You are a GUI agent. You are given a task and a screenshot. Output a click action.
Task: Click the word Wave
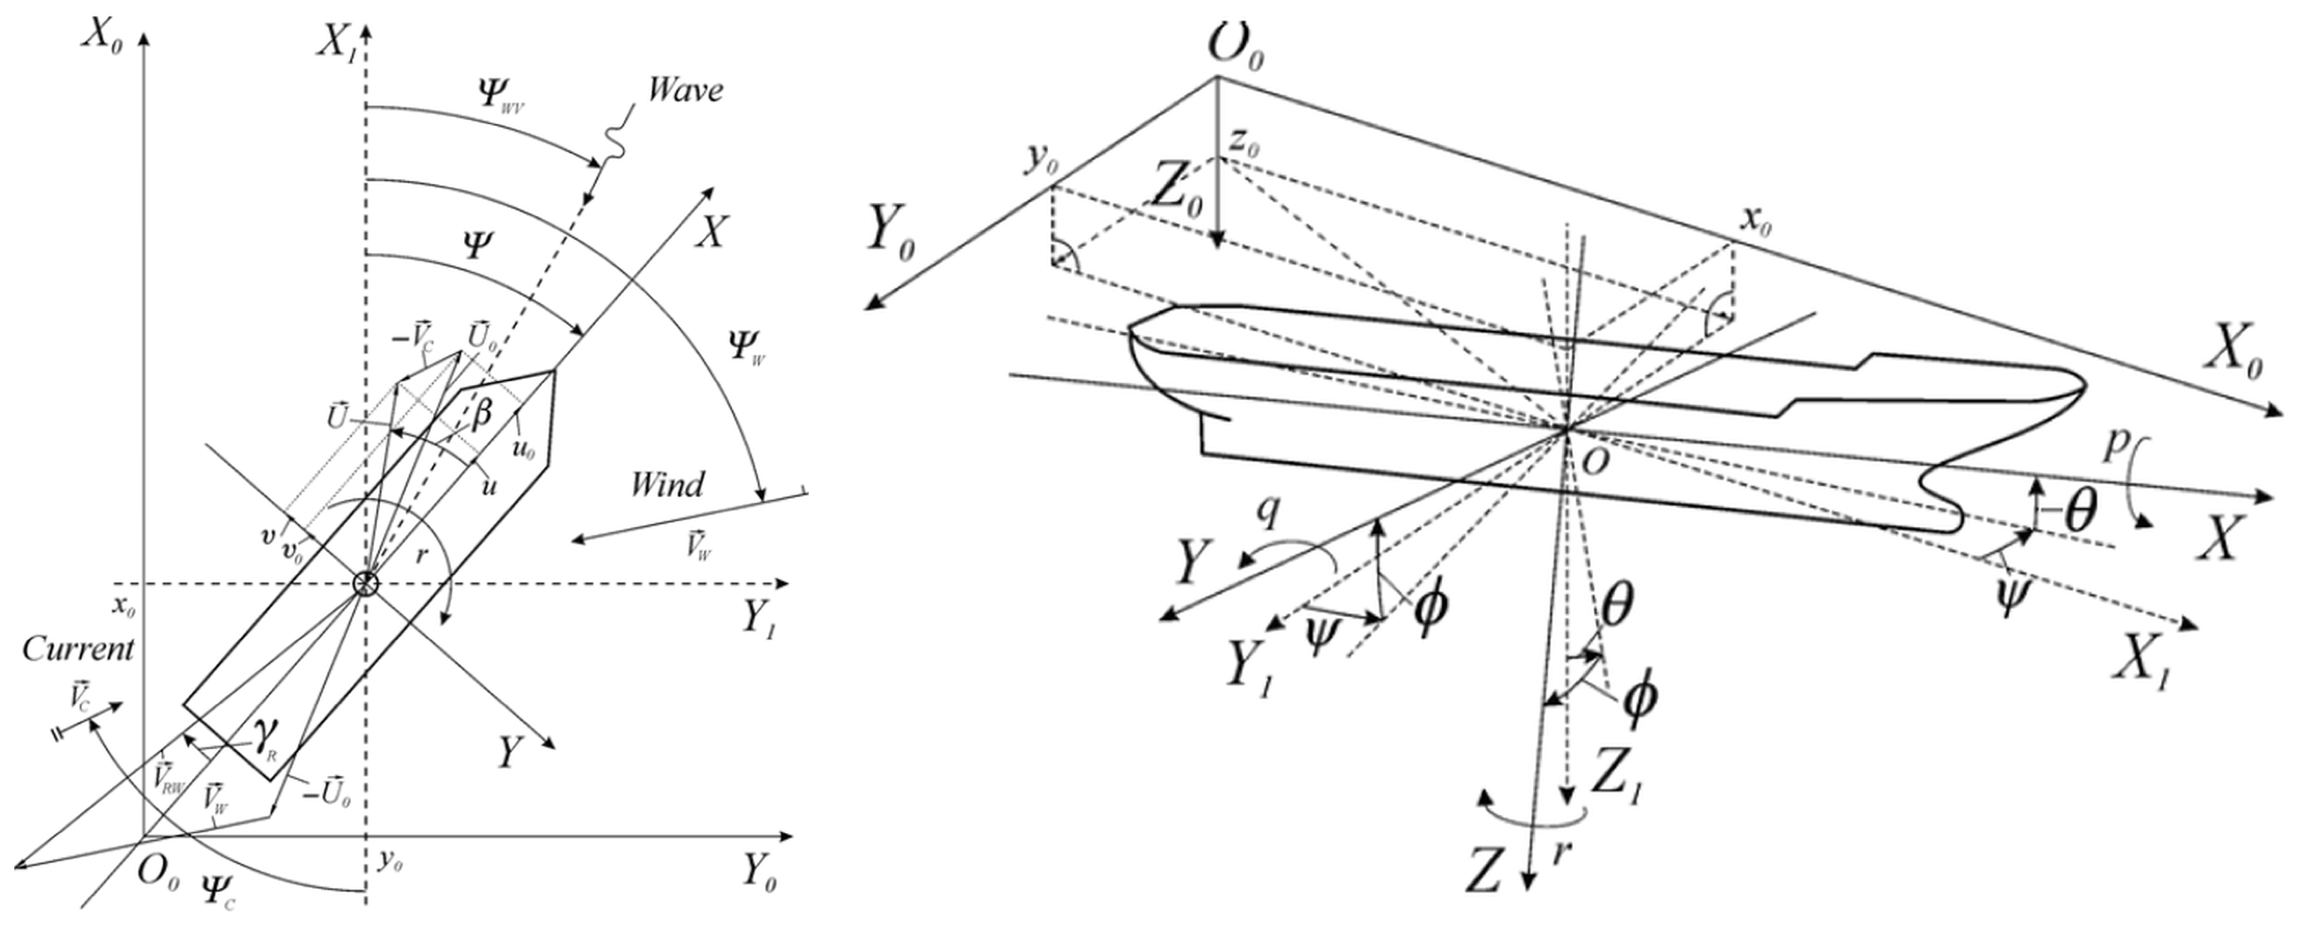click(685, 90)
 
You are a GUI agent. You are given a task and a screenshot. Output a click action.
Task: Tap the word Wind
click(667, 484)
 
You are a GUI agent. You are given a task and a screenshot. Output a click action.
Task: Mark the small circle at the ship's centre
click(366, 584)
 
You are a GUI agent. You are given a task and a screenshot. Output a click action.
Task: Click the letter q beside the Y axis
click(1267, 510)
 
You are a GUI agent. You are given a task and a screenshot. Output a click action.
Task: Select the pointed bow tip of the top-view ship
click(554, 370)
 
